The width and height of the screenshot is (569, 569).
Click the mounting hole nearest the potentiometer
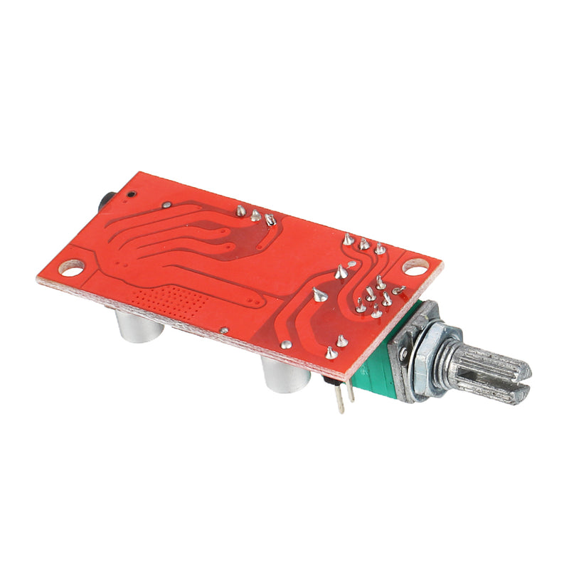click(416, 267)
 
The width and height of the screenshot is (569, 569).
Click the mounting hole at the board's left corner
click(71, 268)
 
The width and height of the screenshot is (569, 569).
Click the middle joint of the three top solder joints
click(255, 215)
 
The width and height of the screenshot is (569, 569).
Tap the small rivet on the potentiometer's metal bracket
click(403, 354)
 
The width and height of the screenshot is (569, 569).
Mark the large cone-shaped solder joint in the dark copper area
click(319, 294)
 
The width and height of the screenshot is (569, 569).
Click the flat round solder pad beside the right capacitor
click(286, 344)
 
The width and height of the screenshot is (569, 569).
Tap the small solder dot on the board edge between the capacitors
click(224, 330)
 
